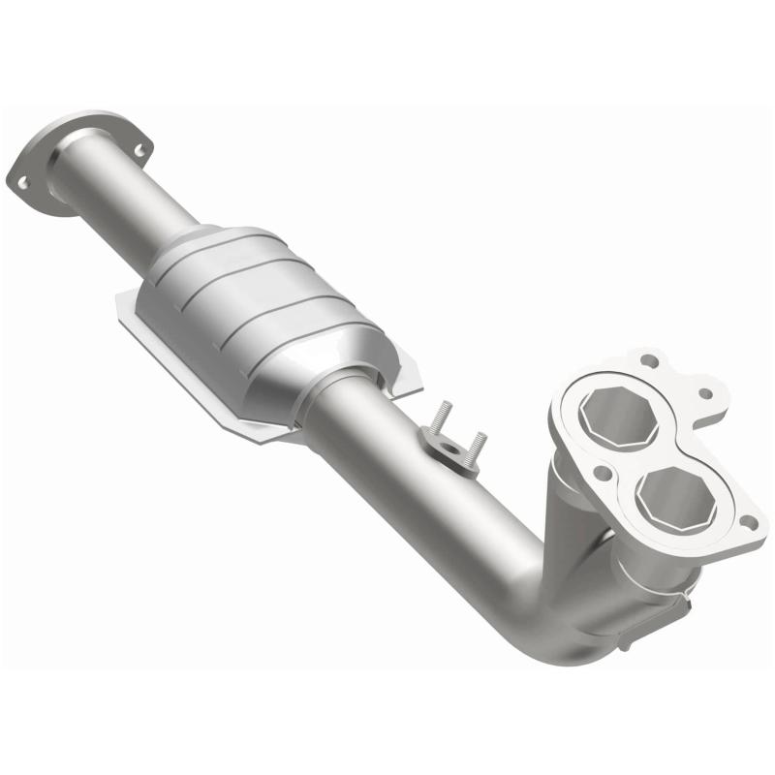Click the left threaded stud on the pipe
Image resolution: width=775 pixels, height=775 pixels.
438,419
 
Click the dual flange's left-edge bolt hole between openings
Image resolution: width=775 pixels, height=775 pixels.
603,474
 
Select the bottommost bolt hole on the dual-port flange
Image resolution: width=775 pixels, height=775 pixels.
746,522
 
